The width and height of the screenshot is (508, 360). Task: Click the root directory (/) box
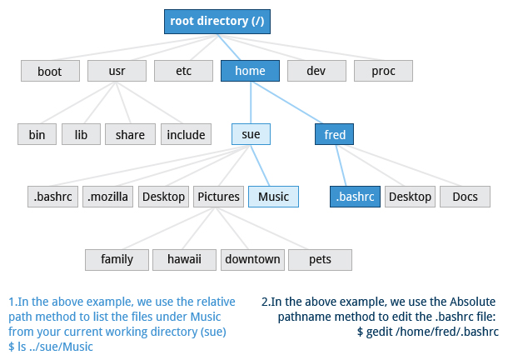[217, 21]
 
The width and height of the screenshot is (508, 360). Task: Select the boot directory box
[50, 71]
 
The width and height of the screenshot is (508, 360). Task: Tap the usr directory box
[117, 71]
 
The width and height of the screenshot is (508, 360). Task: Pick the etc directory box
[183, 71]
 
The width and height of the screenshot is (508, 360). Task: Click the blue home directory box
[250, 71]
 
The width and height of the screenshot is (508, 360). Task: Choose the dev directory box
[316, 71]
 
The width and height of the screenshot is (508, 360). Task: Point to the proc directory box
[383, 71]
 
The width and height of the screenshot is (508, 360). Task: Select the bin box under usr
[37, 134]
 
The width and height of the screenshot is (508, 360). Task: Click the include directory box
[186, 134]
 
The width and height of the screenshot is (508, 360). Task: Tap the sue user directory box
[251, 134]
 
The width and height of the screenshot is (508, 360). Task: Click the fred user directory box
[335, 134]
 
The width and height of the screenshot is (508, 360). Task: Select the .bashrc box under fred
[355, 197]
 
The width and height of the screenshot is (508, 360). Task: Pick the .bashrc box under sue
[52, 197]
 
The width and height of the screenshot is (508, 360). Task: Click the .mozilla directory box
[107, 197]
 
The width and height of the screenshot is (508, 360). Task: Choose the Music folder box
[273, 197]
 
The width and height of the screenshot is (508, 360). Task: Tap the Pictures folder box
[218, 197]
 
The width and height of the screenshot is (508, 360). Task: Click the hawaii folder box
[184, 259]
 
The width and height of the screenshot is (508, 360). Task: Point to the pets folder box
[320, 259]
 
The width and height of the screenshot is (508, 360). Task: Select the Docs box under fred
[465, 197]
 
